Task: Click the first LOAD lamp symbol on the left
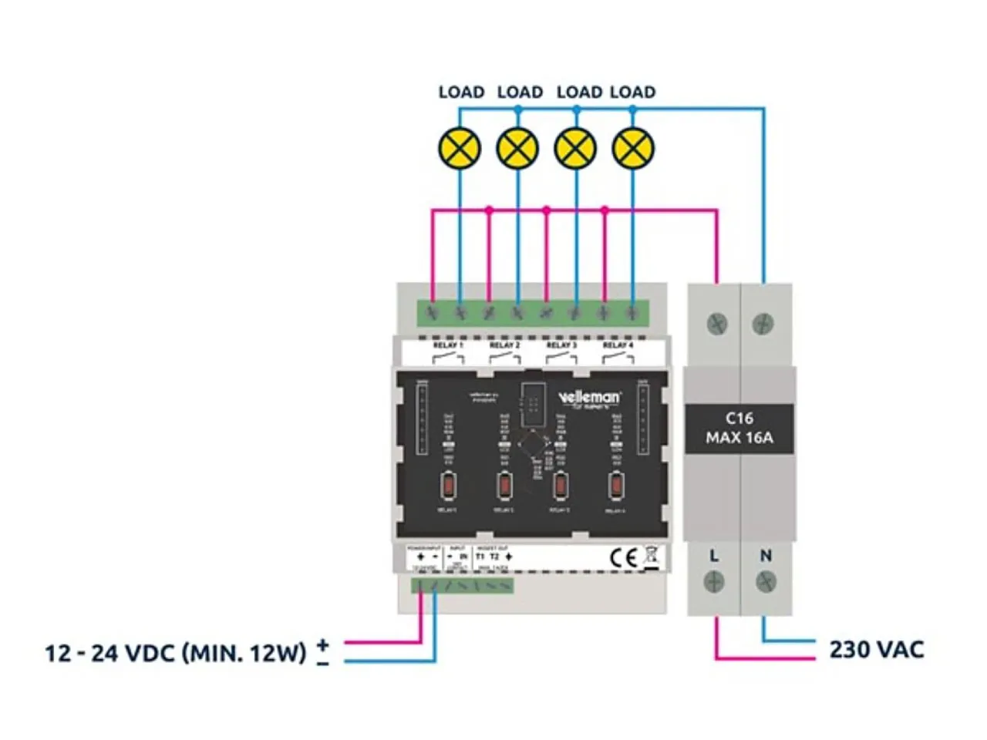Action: coord(460,148)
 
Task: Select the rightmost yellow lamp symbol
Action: coord(633,148)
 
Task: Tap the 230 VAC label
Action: coord(877,649)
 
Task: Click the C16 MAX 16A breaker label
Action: coord(739,428)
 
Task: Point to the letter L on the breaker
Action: coord(714,555)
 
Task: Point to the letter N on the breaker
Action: coord(766,555)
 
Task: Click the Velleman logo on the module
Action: coord(589,398)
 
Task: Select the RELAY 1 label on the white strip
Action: coord(448,345)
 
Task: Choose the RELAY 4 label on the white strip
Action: coord(618,345)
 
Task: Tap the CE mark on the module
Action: coord(623,557)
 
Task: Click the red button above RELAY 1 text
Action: coord(448,486)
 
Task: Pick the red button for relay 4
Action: coord(616,486)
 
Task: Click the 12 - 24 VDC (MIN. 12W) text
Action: coord(175,653)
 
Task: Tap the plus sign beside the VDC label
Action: coord(322,644)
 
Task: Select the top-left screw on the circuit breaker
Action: coord(717,323)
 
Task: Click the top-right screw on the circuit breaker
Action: coord(763,323)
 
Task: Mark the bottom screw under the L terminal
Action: coord(714,582)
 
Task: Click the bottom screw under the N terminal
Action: coord(766,582)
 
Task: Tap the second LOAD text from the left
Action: coord(520,92)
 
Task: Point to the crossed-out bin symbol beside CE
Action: coord(652,557)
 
